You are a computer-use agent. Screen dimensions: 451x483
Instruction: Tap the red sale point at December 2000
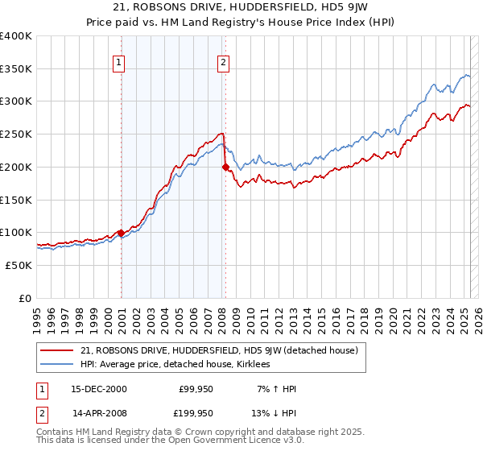point(122,233)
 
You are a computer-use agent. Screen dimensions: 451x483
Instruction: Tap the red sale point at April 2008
point(225,168)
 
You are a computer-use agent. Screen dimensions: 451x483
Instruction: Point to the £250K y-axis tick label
point(17,134)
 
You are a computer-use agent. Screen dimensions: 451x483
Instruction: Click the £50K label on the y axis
point(19,265)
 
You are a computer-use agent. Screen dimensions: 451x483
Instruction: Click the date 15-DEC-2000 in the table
point(99,389)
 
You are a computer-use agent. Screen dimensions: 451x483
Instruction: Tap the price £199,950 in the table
point(196,412)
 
